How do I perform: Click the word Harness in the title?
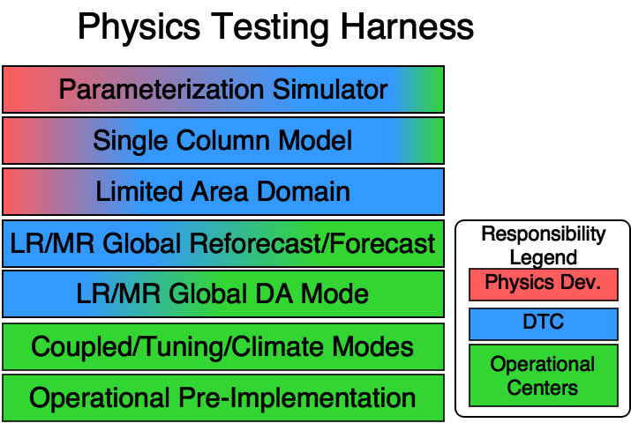coord(407,26)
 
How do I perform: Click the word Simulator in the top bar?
coord(330,89)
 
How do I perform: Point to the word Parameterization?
coord(162,90)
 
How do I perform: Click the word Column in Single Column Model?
coord(224,140)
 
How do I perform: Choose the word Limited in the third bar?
coord(139,191)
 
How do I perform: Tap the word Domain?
coord(304,191)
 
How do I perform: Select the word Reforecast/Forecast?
coord(312,243)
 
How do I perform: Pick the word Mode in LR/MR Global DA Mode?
coord(334,293)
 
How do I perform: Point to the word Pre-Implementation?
coord(297,398)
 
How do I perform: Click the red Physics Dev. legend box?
coord(544,285)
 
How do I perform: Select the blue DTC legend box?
coord(544,323)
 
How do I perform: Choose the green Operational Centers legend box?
coord(544,375)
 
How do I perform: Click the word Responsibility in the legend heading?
coord(544,234)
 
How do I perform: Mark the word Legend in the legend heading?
coord(544,257)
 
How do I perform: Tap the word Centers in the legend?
coord(543,388)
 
